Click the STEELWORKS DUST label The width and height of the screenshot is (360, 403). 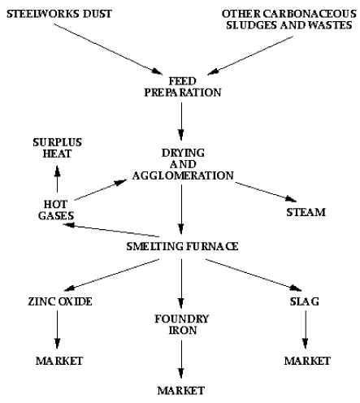coord(59,14)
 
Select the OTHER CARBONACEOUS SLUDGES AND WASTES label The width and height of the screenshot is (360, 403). coord(289,19)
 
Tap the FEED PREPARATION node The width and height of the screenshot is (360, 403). coord(183,87)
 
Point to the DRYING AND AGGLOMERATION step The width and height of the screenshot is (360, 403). coord(183,164)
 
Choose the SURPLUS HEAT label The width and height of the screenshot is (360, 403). coord(57,148)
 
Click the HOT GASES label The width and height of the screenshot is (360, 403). coord(56,210)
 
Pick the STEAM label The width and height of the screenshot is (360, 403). coord(306,212)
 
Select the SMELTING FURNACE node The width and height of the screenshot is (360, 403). coord(182,246)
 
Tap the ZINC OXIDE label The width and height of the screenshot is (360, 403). coord(60,301)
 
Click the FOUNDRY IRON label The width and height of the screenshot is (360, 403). coord(182,324)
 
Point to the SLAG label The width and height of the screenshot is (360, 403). coord(305,301)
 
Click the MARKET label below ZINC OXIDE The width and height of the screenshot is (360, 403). coord(59,361)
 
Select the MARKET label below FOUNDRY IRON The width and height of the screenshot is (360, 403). coord(181,391)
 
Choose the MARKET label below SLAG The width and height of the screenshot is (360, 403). coord(307,361)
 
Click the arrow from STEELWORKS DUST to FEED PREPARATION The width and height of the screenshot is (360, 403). coord(108,49)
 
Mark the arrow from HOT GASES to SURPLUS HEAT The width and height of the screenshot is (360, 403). coord(57,179)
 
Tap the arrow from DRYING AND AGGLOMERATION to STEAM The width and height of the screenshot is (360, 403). coord(266,192)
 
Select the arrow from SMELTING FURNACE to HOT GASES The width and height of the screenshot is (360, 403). coord(111,230)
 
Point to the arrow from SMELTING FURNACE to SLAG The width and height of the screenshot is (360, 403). coord(254,275)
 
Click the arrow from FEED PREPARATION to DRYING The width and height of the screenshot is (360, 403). coord(181,121)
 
